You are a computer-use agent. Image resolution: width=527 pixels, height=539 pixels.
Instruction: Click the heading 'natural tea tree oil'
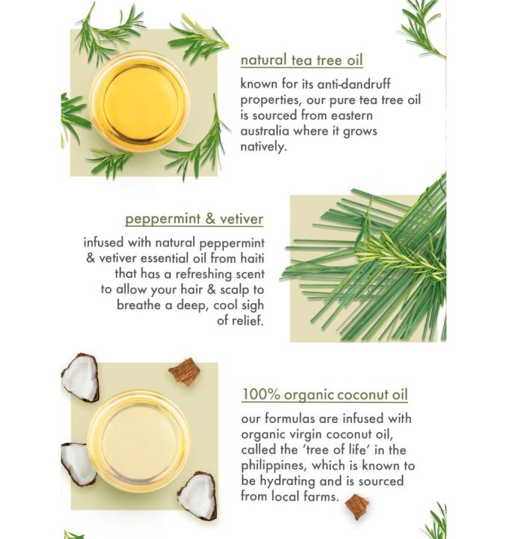tap(302, 61)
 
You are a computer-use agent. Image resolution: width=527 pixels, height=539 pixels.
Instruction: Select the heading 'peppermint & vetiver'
tap(194, 219)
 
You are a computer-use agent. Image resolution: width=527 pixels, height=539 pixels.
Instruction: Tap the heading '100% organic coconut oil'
tap(325, 395)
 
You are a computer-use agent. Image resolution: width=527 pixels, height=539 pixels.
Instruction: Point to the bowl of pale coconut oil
tap(138, 439)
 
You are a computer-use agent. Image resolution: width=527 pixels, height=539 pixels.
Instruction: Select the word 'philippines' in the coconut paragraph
tap(275, 466)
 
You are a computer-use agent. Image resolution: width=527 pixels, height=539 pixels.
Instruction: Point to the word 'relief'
tap(246, 321)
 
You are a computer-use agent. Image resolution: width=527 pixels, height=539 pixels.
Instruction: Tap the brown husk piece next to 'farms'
tap(357, 507)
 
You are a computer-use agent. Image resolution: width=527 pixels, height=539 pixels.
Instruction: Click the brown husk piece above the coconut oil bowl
tap(184, 371)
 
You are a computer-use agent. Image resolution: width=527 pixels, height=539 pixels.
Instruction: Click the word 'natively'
tap(264, 147)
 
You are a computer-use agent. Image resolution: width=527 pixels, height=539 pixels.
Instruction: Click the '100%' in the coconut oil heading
tap(259, 395)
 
